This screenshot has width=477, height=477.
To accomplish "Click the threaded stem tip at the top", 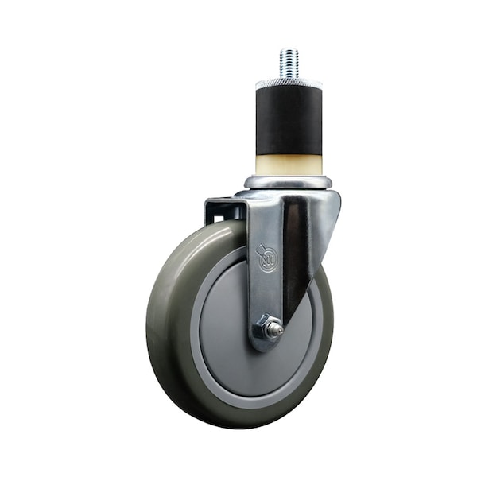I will click(288, 60).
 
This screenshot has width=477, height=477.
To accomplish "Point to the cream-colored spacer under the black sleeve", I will click(288, 165).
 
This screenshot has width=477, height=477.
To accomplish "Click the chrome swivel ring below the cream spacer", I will click(288, 182).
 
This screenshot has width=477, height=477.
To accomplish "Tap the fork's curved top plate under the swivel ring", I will click(290, 194).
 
